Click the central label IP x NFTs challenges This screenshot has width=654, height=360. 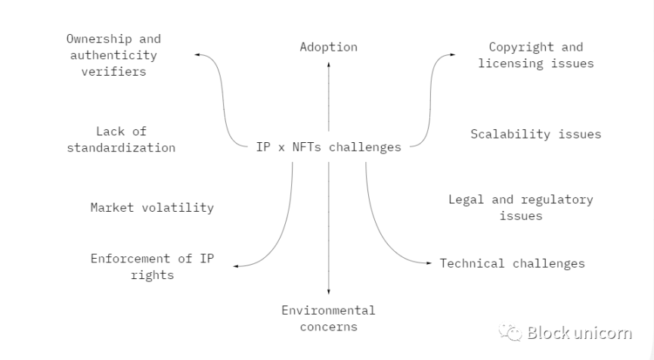(328, 147)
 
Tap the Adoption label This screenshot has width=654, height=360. (328, 47)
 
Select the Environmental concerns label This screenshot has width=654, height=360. (328, 318)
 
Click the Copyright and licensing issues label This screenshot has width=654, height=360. (535, 55)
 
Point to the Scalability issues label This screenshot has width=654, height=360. (535, 134)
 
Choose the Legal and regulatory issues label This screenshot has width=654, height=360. (520, 207)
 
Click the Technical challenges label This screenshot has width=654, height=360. (513, 263)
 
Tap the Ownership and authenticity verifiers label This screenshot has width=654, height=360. (113, 55)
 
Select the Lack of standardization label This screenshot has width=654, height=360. (121, 139)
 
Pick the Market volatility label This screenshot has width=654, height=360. (152, 207)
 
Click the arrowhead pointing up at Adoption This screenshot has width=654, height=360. (328, 65)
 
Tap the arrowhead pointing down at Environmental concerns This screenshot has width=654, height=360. (328, 292)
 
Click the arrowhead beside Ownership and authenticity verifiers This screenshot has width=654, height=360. (197, 55)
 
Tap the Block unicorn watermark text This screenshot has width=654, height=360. (580, 333)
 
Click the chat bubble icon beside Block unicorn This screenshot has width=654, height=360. (512, 332)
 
